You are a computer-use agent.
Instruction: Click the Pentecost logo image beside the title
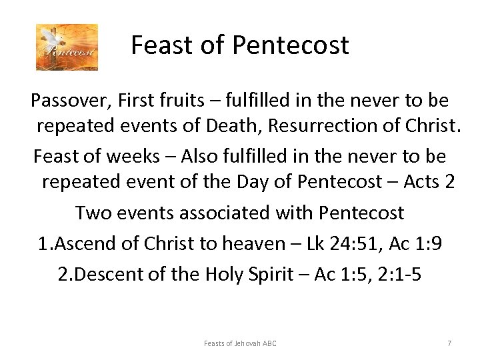(x=67, y=47)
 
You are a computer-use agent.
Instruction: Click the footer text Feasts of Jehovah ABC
(x=240, y=343)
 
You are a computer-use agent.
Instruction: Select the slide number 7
(x=449, y=343)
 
